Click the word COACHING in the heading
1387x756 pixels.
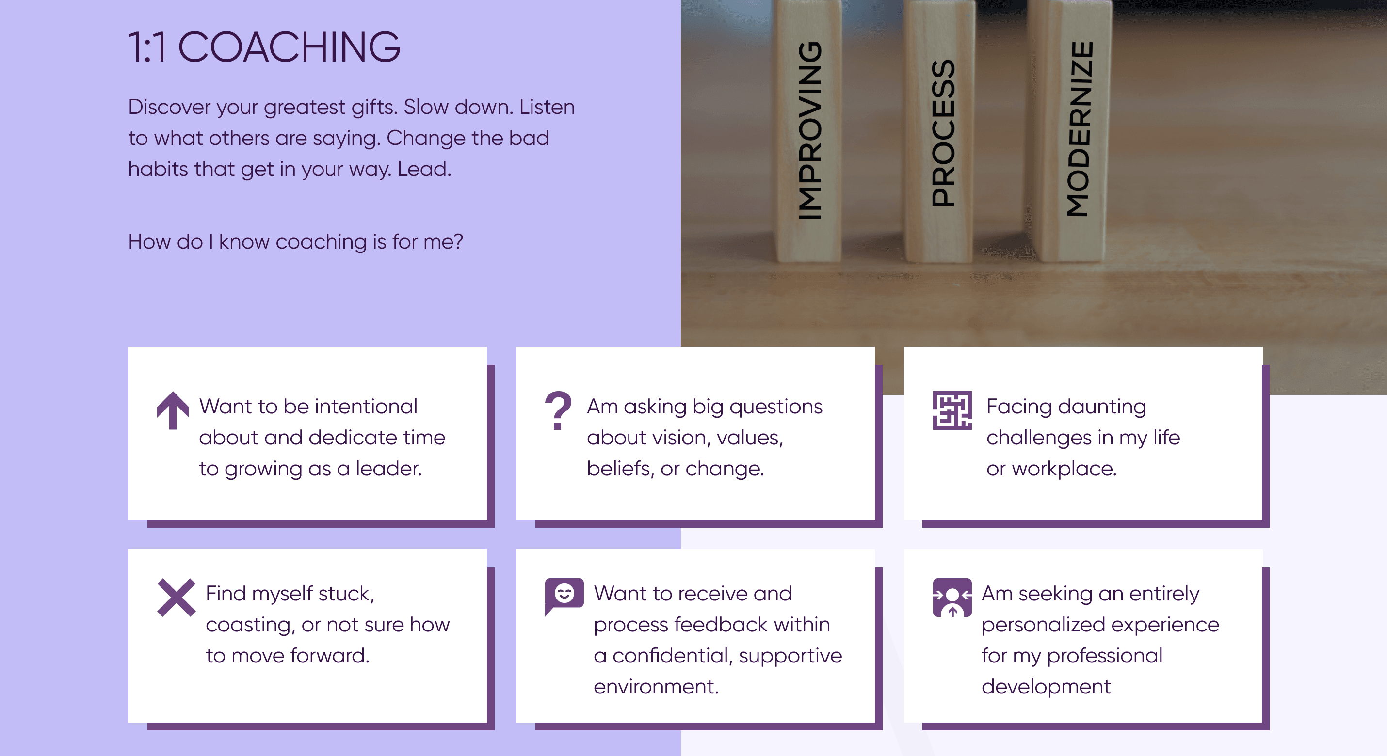[x=289, y=47]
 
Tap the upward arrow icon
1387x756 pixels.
[x=173, y=410]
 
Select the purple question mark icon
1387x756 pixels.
[x=558, y=410]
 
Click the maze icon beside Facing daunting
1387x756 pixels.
[x=952, y=410]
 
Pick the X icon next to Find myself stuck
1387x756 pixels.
[x=176, y=597]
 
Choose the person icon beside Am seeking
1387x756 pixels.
[x=952, y=597]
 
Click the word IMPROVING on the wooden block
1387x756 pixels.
[x=810, y=131]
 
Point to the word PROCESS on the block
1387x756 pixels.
[x=943, y=133]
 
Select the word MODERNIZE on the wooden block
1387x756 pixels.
[x=1080, y=129]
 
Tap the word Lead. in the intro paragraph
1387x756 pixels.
[x=424, y=169]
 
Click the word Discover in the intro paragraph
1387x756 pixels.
[x=169, y=107]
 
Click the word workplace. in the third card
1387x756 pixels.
[x=1064, y=469]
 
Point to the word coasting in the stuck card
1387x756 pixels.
[x=250, y=625]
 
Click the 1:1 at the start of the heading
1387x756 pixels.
[x=147, y=47]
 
